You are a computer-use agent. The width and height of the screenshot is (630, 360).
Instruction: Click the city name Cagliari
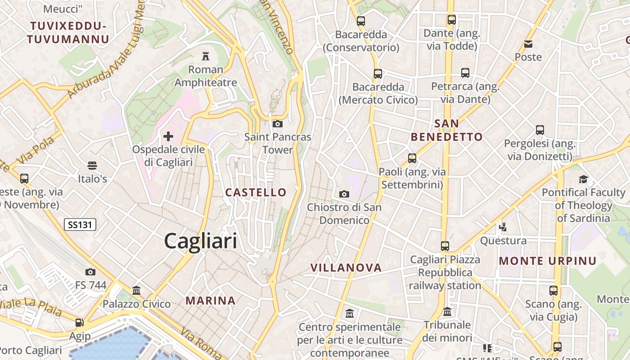point(200,241)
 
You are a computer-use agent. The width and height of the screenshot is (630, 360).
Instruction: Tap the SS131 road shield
point(80,224)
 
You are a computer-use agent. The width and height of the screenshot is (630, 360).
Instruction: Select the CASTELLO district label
point(256,193)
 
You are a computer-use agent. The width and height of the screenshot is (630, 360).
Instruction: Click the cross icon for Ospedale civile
point(168,136)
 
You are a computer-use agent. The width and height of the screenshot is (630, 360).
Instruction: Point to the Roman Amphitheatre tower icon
point(206,56)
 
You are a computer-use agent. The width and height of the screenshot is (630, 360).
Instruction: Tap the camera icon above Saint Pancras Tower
point(278,124)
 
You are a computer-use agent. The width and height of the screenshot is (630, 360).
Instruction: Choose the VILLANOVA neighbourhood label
point(346,268)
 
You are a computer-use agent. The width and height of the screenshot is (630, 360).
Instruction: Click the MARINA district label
point(211,301)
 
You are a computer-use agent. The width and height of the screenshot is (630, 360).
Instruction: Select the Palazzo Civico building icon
point(136,290)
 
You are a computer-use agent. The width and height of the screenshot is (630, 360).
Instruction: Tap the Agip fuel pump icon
point(80,322)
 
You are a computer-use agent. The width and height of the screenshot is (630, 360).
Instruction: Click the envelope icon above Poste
point(528,44)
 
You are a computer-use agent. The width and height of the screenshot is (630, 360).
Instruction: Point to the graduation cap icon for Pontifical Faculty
point(583,179)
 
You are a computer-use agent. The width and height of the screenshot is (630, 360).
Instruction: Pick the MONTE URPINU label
point(548,261)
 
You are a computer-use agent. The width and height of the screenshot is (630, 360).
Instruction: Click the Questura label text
point(503,241)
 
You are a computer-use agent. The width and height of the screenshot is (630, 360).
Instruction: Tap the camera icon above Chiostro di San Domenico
point(344,194)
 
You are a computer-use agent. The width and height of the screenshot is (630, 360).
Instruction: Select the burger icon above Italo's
point(92,165)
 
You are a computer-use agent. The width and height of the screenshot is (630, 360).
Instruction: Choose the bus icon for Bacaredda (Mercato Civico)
point(378,73)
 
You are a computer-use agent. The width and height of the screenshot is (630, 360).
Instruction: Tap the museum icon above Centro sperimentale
point(350,313)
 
